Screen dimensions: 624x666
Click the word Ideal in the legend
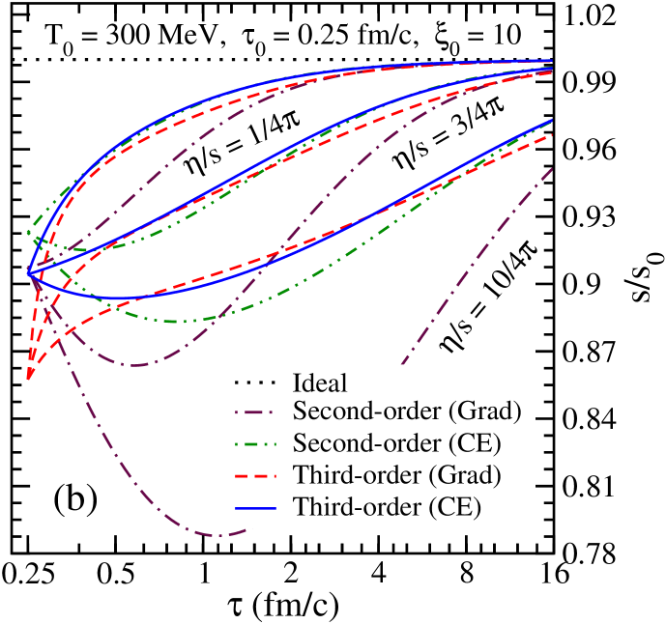point(320,383)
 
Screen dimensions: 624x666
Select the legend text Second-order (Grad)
point(407,411)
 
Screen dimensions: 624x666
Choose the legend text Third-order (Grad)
point(396,475)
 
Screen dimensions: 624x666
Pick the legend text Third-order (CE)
point(387,506)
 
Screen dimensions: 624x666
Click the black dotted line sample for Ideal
point(255,382)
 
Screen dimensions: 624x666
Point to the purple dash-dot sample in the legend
point(255,412)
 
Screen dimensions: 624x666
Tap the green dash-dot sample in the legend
point(255,444)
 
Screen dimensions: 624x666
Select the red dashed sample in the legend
point(255,475)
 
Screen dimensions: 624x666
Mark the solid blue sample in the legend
point(255,507)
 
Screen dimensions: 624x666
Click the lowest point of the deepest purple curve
point(220,534)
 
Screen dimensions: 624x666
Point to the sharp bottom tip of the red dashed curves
point(30,378)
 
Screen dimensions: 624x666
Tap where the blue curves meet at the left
point(29,273)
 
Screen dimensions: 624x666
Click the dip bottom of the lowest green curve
point(179,321)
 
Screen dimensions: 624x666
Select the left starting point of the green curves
point(28,233)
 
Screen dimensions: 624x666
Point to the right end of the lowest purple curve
point(552,168)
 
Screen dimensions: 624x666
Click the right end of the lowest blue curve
point(552,121)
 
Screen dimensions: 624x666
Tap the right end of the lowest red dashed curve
point(552,135)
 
